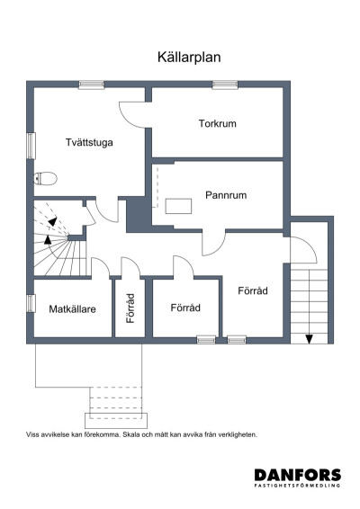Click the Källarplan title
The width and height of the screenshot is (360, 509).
(x=188, y=56)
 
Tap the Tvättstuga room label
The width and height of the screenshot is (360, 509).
(x=89, y=142)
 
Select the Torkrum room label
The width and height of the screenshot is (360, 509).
(x=217, y=123)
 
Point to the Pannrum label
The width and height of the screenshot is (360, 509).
(x=226, y=194)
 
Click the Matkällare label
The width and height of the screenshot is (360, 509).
(x=72, y=308)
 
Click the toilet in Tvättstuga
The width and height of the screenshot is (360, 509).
(x=47, y=176)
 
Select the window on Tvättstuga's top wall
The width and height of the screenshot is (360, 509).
(x=91, y=85)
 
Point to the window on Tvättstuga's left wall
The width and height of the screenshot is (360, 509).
(x=31, y=145)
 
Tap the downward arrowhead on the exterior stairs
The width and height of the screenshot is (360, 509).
(x=309, y=338)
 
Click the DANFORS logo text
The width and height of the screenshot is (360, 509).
(x=297, y=475)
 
